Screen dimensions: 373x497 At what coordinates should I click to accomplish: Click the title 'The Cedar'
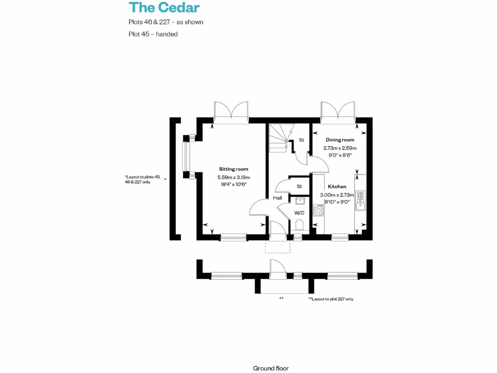click(x=164, y=7)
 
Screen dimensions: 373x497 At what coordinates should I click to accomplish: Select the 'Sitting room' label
click(x=233, y=169)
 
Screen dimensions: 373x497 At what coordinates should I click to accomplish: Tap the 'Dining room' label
click(x=340, y=140)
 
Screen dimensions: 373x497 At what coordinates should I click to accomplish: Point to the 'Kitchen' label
click(x=337, y=186)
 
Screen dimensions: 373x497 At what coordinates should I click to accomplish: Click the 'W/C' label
click(x=299, y=213)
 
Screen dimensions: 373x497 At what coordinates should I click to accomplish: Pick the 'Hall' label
click(x=278, y=198)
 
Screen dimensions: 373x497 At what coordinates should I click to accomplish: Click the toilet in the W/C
click(x=299, y=225)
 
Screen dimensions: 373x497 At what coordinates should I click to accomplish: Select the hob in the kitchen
click(x=318, y=211)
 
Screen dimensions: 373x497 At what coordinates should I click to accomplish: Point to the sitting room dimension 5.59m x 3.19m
click(x=233, y=177)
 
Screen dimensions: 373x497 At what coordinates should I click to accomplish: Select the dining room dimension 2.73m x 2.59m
click(x=340, y=148)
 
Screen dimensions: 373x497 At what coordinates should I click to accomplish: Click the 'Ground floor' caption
click(x=271, y=368)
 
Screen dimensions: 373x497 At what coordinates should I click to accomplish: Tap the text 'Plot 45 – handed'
click(x=153, y=34)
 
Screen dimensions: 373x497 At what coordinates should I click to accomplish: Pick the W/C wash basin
click(x=300, y=200)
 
